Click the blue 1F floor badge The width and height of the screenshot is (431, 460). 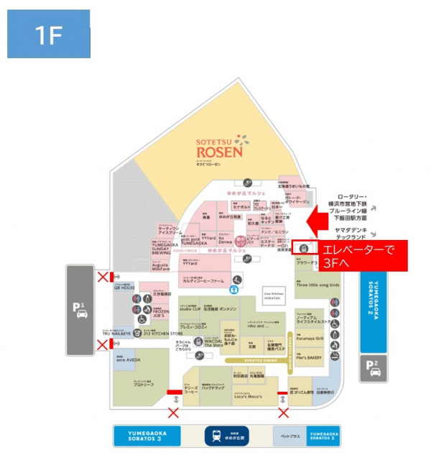pos(48,34)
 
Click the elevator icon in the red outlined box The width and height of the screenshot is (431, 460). pos(305,249)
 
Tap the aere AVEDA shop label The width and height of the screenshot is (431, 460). pos(129,357)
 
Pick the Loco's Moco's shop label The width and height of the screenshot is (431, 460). pos(249,397)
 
